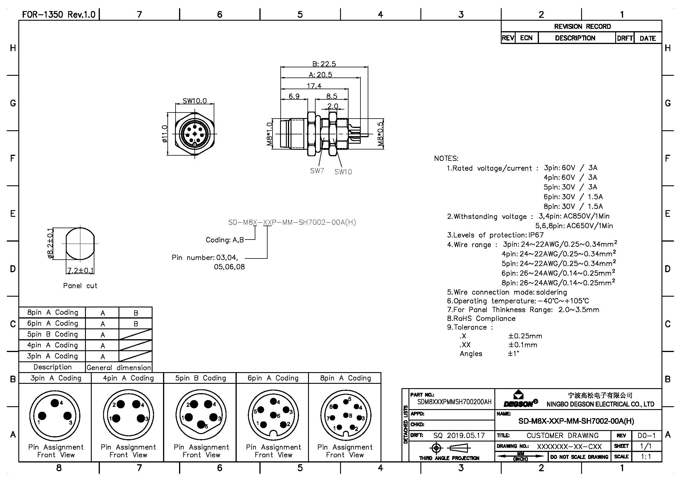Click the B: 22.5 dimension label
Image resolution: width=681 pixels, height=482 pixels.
tap(324, 64)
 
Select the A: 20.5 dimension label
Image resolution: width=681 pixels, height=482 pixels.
tap(320, 75)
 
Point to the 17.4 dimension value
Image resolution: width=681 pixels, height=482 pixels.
tap(314, 86)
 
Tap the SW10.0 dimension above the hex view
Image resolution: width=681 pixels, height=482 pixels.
tap(194, 101)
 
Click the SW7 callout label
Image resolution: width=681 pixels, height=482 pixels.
tap(317, 171)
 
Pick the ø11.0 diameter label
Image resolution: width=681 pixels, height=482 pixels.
tap(165, 133)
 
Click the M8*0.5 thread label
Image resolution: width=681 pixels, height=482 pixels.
tap(381, 134)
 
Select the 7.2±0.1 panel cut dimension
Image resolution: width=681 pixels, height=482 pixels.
tap(80, 270)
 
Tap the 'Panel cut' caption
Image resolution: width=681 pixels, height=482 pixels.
tap(80, 286)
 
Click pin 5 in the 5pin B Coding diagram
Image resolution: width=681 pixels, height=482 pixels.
tap(201, 424)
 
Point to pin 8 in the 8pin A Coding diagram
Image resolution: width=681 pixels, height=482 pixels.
tap(346, 415)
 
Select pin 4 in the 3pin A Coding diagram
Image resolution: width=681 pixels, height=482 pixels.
tap(55, 403)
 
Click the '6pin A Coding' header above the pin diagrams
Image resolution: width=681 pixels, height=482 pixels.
tap(273, 378)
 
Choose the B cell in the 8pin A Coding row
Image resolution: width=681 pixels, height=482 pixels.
tap(136, 313)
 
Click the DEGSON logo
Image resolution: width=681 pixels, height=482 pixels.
tap(520, 399)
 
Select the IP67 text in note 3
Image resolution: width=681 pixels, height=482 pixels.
tap(536, 235)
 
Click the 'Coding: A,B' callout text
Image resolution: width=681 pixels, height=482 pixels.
tap(224, 240)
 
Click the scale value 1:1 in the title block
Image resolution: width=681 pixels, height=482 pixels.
tap(646, 457)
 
